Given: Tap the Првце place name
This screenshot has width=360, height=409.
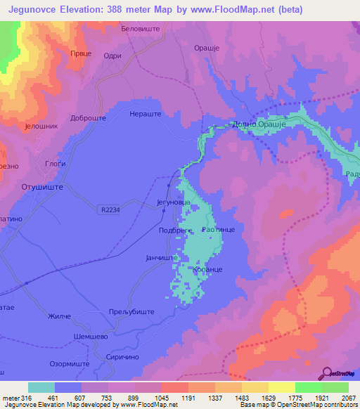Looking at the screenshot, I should (x=79, y=53).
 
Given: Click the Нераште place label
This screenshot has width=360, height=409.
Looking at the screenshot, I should (x=146, y=113).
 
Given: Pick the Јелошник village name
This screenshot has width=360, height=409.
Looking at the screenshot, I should (x=39, y=127).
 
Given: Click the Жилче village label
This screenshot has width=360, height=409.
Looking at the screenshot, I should (x=60, y=317).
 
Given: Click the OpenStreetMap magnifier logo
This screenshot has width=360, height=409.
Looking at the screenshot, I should (x=327, y=372).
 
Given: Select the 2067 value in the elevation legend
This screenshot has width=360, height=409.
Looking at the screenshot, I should (x=349, y=398).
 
